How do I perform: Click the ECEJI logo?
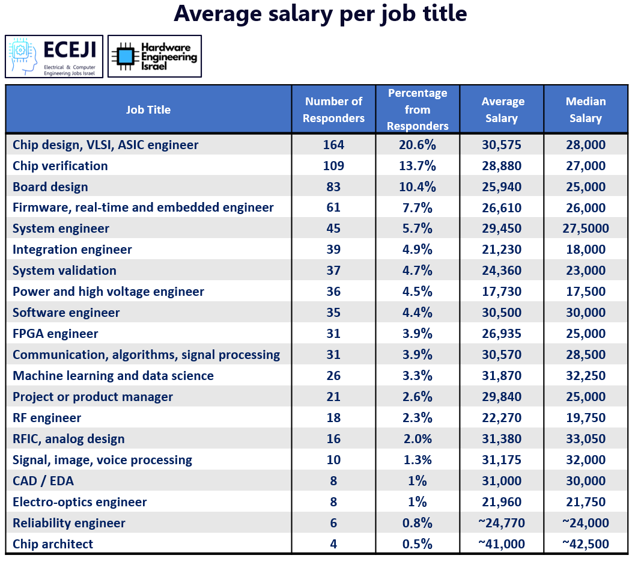click(54, 57)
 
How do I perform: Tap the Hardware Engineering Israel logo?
click(154, 57)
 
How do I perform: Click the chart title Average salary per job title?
click(320, 14)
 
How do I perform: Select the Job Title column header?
click(148, 109)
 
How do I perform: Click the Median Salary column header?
click(585, 109)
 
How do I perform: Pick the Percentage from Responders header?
click(418, 109)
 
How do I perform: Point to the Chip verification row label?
click(60, 166)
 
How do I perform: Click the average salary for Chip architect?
click(502, 544)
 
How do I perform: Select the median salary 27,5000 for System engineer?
click(585, 228)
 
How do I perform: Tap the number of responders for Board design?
click(333, 187)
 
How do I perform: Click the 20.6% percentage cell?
click(418, 145)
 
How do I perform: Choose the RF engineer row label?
click(47, 418)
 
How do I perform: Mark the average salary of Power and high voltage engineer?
click(502, 292)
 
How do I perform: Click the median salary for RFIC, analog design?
click(585, 439)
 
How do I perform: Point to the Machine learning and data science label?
click(113, 376)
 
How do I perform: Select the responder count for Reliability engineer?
click(333, 523)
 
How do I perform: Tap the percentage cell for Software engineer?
click(418, 313)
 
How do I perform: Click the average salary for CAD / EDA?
click(502, 481)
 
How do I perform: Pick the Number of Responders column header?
click(333, 109)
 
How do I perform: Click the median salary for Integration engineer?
click(585, 250)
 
